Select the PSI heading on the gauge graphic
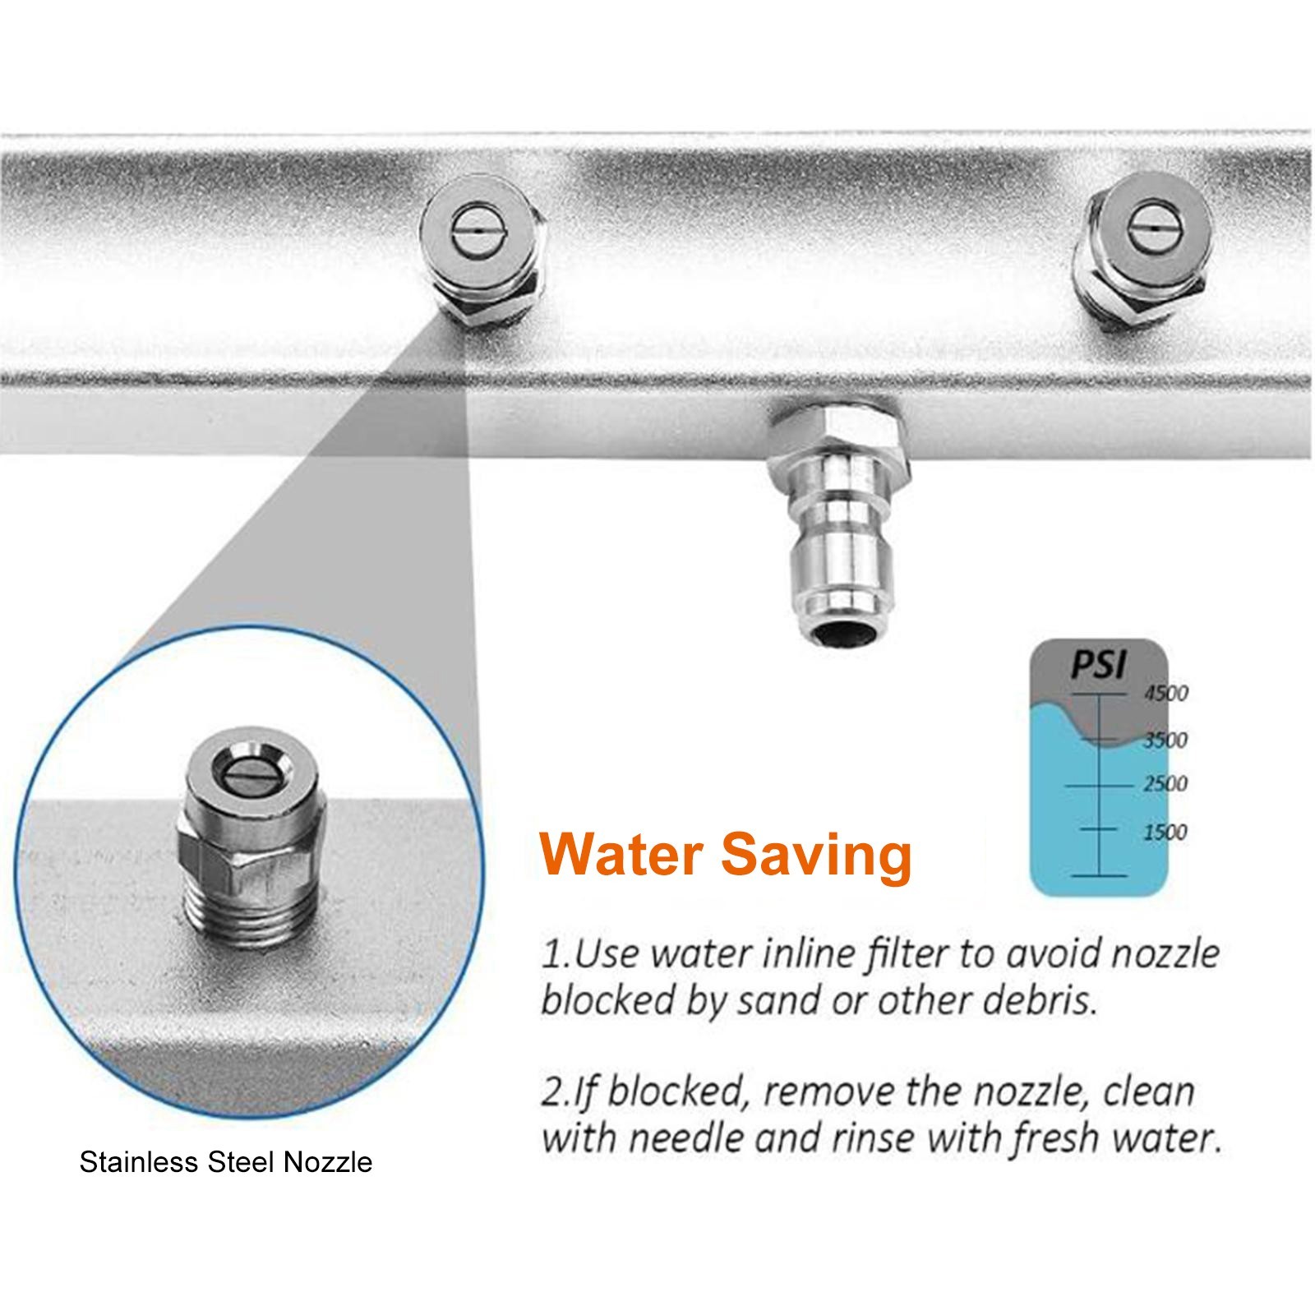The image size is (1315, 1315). tap(1098, 665)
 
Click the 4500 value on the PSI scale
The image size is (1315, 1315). tap(1166, 693)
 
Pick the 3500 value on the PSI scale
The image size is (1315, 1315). tap(1166, 740)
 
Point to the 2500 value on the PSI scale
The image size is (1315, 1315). tap(1166, 783)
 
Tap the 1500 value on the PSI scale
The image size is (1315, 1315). tap(1166, 832)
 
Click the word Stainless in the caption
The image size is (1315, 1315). tap(139, 1162)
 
